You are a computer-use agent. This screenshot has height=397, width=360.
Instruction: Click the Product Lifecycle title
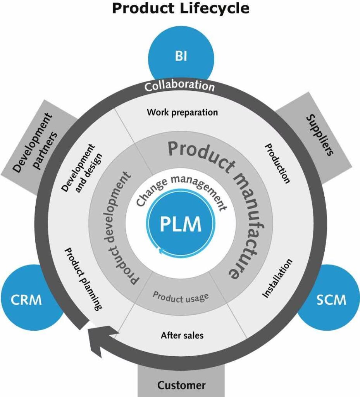tap(180, 8)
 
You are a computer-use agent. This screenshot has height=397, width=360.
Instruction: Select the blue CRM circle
tap(26, 299)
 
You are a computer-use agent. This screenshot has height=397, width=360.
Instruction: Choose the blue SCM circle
tap(332, 299)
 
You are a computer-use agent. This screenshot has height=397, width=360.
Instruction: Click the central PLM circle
tap(180, 224)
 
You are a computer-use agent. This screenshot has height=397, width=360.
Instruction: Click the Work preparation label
tap(182, 112)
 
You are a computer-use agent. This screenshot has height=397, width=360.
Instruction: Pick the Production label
tap(277, 163)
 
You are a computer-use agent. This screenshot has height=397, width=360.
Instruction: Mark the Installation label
tap(277, 278)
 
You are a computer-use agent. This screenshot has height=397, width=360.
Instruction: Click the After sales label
tap(182, 335)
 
